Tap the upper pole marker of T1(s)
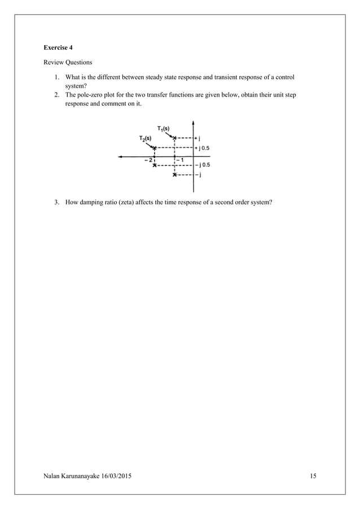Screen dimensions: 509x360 (175, 138)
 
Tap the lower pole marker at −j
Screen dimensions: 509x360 (175, 175)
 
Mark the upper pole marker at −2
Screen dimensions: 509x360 (155, 148)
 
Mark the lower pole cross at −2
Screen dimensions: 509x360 (155, 165)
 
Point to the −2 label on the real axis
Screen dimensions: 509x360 (148, 160)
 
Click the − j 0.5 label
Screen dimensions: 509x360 (203, 165)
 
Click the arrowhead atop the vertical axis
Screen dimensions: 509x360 (193, 121)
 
